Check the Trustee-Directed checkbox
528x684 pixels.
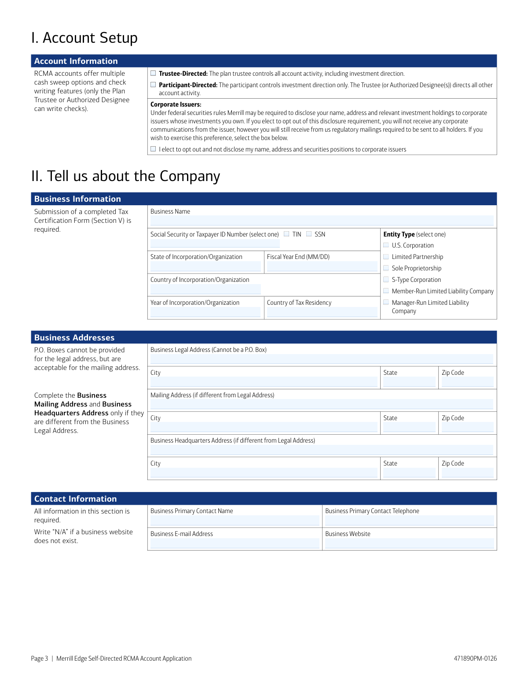pos(153,74)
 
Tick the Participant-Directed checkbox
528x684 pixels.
pos(153,85)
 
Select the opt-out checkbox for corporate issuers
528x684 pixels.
pos(153,149)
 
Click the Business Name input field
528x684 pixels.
pos(322,221)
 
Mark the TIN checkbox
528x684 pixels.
pos(286,234)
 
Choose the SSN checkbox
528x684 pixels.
pos(309,234)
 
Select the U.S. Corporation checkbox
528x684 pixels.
pos(386,245)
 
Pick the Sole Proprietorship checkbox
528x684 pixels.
pos(386,268)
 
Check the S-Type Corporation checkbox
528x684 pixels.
pos(386,280)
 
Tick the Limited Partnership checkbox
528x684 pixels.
pos(386,257)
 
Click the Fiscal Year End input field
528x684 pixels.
pos(322,266)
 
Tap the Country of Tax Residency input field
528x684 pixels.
pos(322,312)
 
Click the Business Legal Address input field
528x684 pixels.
pos(322,359)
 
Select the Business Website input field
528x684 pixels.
pos(409,544)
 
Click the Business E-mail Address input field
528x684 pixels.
pos(235,544)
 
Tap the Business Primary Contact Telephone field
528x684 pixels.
pos(409,521)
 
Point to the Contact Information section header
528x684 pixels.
pos(76,499)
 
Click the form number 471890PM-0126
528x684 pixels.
pos(475,658)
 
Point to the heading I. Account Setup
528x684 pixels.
pos(84,38)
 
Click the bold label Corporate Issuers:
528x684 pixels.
pos(176,104)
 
